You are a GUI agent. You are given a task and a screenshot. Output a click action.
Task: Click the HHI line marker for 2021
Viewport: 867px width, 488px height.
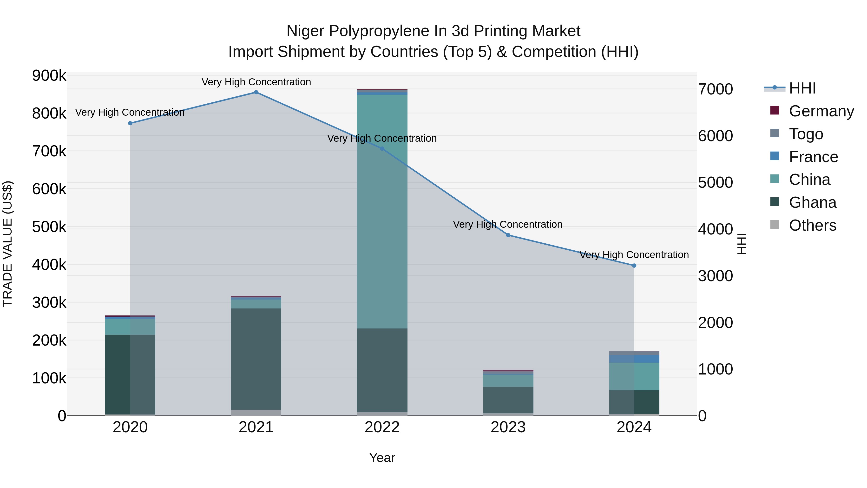256,92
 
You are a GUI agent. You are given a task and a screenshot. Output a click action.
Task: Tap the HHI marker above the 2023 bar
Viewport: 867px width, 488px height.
508,235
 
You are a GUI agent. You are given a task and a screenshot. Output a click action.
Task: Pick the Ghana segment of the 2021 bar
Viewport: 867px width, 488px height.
256,359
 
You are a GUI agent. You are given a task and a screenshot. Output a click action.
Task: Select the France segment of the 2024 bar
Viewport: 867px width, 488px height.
634,359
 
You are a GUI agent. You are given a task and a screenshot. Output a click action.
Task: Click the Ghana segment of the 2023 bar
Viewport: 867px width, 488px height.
508,400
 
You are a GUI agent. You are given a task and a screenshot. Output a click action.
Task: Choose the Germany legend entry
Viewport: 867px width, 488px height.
821,111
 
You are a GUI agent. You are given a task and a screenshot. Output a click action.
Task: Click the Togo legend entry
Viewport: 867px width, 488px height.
806,134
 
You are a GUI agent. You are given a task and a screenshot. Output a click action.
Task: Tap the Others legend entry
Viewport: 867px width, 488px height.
813,225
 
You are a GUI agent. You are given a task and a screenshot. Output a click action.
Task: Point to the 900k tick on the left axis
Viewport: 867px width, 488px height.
49,75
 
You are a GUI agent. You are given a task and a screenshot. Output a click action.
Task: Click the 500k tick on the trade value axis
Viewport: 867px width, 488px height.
49,227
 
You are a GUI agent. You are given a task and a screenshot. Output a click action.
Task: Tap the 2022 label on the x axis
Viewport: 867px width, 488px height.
382,427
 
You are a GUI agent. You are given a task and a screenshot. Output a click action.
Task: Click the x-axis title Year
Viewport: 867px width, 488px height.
382,458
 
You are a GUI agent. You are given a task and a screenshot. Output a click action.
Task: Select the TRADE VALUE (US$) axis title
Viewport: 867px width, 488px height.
7,244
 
